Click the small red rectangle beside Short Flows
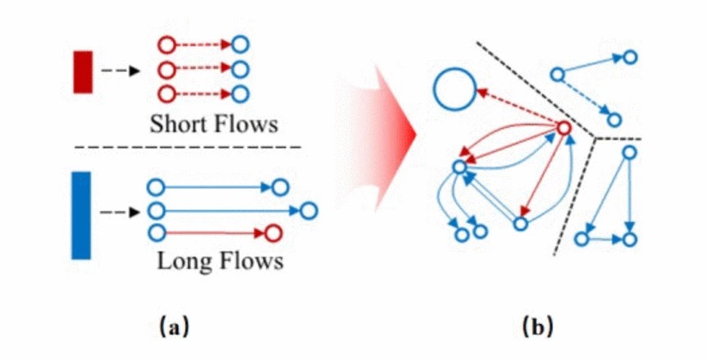point(83,71)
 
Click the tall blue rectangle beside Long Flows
point(81,215)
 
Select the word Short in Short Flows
point(175,125)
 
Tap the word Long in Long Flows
point(181,262)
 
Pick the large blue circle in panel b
point(454,89)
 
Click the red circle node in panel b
point(563,128)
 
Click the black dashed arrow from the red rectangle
point(119,71)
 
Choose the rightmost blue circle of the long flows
point(308,212)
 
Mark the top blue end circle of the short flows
point(241,44)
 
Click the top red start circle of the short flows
point(165,44)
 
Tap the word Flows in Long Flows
point(246,262)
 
